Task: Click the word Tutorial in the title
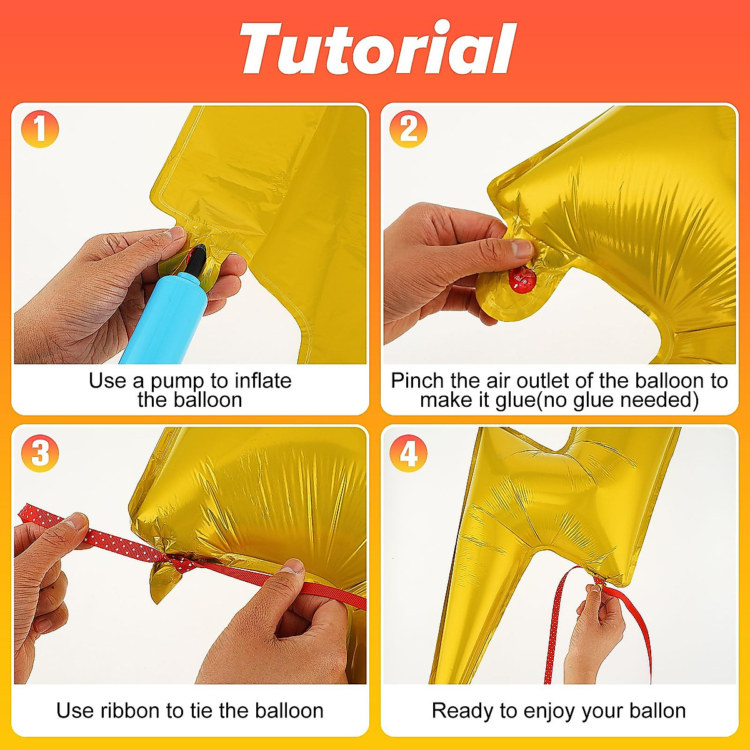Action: point(377,49)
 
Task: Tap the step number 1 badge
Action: point(40,129)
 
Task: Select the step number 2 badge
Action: point(409,129)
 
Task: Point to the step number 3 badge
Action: point(40,453)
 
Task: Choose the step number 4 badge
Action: point(409,453)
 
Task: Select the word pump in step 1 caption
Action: point(177,381)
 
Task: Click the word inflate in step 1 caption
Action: point(262,381)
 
